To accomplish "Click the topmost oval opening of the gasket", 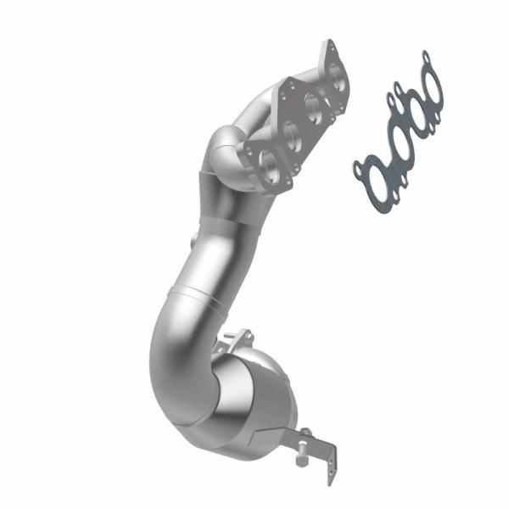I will pyautogui.click(x=430, y=84).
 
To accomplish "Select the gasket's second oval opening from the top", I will pyautogui.click(x=413, y=105).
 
